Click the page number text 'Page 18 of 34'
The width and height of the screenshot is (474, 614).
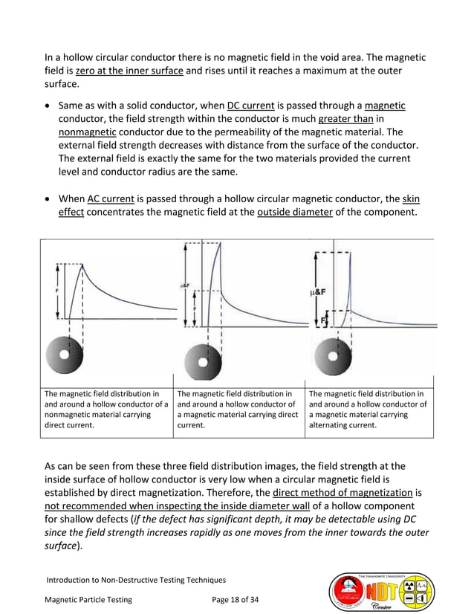pos(241,600)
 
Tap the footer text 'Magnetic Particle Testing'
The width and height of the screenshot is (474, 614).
pos(89,600)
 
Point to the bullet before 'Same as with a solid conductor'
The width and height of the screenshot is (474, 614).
pos(48,105)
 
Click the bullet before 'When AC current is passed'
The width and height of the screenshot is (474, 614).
pos(48,200)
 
